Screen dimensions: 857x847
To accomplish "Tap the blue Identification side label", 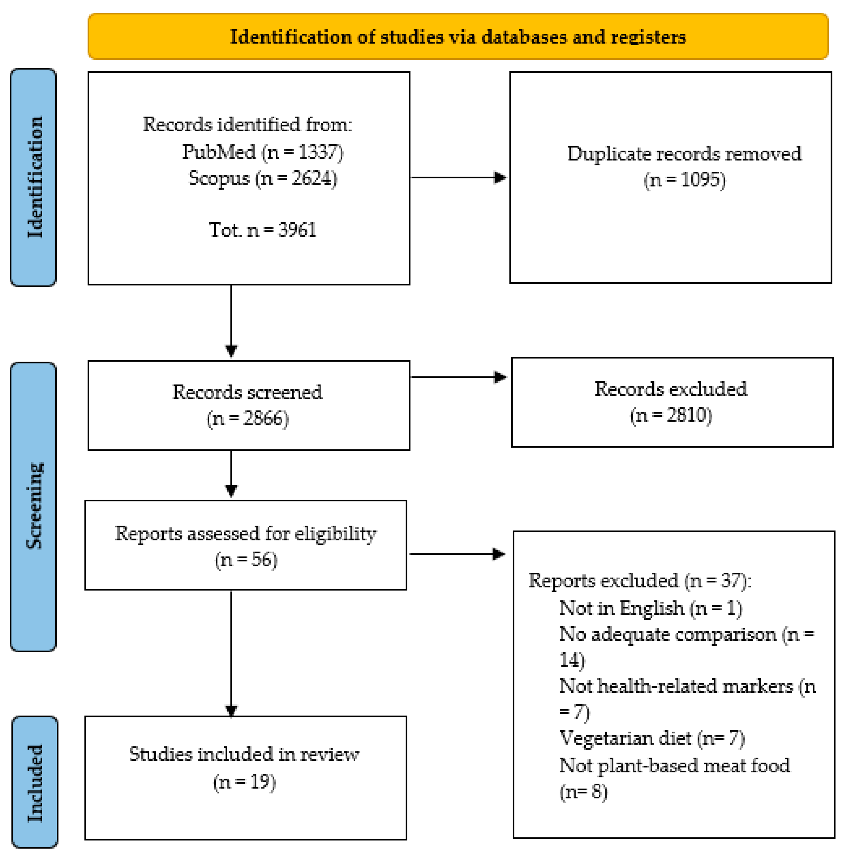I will tap(34, 177).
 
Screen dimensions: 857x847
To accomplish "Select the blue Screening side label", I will tap(34, 506).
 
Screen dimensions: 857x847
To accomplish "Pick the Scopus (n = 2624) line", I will tap(263, 178).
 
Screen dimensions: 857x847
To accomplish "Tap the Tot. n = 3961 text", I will tap(263, 230).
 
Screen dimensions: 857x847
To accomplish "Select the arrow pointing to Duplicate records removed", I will tap(459, 177).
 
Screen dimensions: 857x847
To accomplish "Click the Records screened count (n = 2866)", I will tap(247, 418).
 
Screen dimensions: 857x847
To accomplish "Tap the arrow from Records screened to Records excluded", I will tap(459, 377).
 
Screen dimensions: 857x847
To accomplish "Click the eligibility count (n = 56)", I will tap(246, 560).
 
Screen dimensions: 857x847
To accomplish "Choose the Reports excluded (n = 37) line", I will tap(639, 581).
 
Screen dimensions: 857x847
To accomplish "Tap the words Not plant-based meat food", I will tap(674, 766).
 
